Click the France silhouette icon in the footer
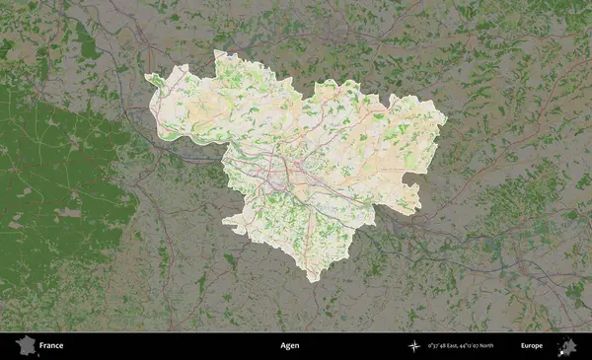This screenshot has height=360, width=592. [24, 345]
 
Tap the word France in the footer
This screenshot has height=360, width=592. [51, 346]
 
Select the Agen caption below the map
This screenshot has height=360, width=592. [289, 346]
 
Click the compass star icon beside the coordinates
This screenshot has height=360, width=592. [413, 346]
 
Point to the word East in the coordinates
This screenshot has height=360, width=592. [457, 346]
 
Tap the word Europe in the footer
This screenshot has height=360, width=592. [532, 346]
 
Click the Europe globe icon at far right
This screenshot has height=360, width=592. [567, 346]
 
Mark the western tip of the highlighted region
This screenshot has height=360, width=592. [146, 78]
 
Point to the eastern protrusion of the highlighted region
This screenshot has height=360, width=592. [444, 121]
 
